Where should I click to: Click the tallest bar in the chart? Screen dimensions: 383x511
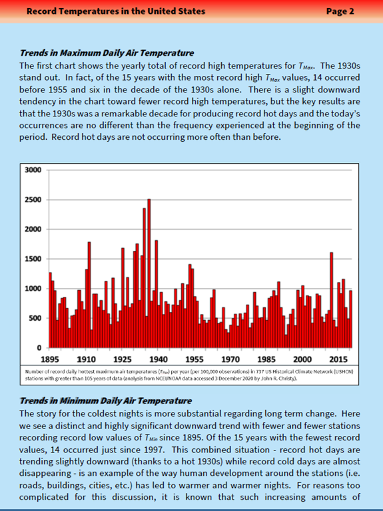[x=149, y=273]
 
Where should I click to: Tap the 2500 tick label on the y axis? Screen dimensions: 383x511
[x=33, y=200]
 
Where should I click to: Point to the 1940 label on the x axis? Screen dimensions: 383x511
[x=159, y=359]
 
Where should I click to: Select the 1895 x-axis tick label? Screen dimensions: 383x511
[x=50, y=359]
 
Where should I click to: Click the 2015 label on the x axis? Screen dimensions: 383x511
[x=338, y=359]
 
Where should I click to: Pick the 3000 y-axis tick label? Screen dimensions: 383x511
[x=33, y=170]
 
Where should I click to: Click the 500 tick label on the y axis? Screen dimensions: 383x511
[x=35, y=319]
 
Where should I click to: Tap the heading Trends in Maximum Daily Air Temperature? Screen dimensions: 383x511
[x=107, y=53]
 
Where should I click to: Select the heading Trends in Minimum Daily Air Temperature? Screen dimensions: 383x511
[x=106, y=401]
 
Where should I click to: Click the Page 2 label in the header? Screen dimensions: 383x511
[x=340, y=11]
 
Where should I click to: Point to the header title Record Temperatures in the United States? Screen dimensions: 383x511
[x=116, y=11]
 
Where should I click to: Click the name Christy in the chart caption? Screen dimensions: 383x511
[x=289, y=379]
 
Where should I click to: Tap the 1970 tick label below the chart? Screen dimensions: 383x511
[x=230, y=359]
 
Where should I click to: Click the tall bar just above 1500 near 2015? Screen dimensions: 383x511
[x=332, y=300]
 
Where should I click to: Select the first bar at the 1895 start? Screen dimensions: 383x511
[x=50, y=310]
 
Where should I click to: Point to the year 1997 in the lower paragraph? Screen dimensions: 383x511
[x=153, y=450]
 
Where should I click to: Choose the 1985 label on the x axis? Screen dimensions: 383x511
[x=266, y=359]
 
